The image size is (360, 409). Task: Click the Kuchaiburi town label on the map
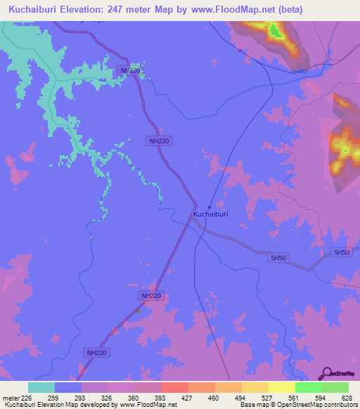[210, 214]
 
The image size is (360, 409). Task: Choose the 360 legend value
[131, 398]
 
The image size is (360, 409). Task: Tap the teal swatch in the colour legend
[41, 387]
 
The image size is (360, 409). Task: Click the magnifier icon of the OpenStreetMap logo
[326, 373]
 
